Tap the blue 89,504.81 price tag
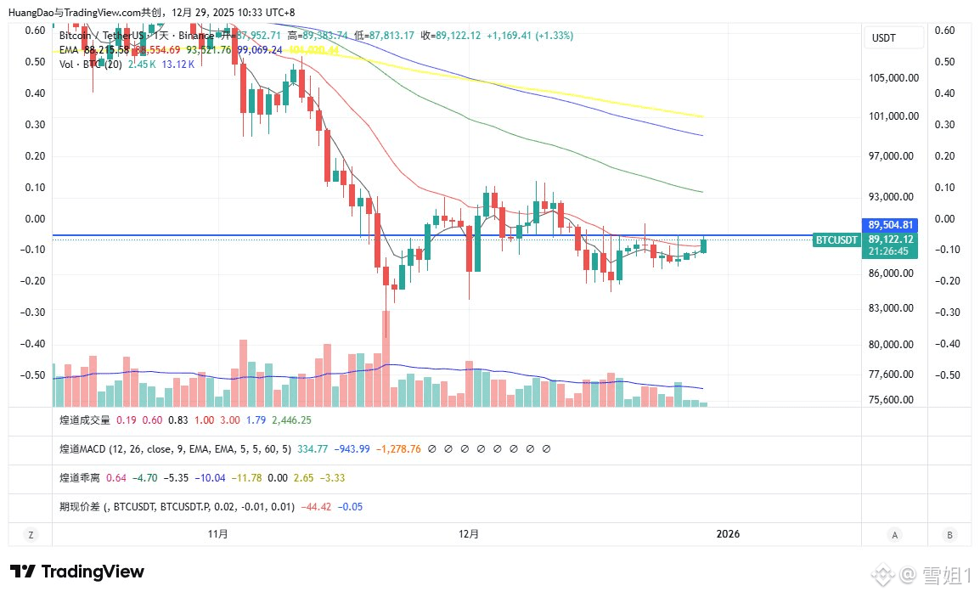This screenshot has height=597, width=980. (x=890, y=225)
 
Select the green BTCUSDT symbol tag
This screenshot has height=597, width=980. (x=836, y=240)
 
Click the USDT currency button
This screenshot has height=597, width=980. (x=884, y=38)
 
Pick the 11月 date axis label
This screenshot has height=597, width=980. (x=217, y=534)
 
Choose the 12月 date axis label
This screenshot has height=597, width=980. (x=468, y=534)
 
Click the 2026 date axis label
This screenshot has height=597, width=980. (x=728, y=534)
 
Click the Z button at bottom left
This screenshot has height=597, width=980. (x=30, y=534)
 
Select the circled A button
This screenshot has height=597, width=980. (x=895, y=534)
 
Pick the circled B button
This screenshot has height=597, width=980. (x=949, y=534)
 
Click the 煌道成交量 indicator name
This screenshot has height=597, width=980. (x=85, y=420)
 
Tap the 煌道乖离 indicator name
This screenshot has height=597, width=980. (x=79, y=477)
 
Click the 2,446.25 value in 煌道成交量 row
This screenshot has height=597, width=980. (x=291, y=420)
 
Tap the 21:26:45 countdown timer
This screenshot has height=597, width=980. (x=888, y=251)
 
